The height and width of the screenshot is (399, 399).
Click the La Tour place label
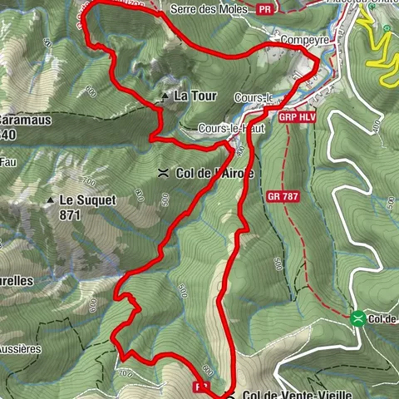point(195,96)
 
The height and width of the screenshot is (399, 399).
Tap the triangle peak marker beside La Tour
point(165,96)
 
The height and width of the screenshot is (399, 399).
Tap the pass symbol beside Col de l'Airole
point(164,173)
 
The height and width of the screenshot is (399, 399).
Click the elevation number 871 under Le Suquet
point(70,214)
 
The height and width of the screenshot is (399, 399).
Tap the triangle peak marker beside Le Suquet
point(52,200)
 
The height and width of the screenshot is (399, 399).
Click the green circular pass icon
point(357,318)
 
